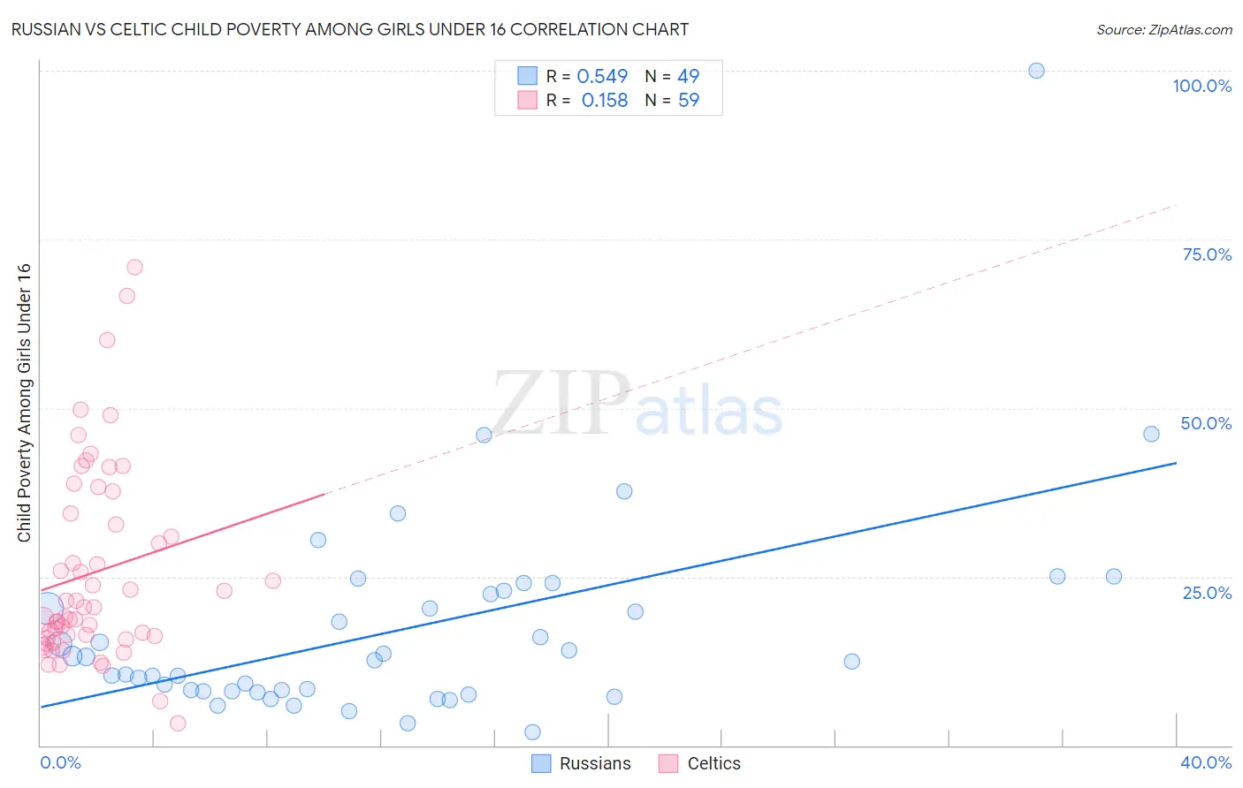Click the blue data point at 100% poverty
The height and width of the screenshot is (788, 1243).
tap(1036, 71)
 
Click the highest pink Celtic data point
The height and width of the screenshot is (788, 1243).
tap(134, 267)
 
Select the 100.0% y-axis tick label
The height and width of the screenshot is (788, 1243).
tap(1201, 86)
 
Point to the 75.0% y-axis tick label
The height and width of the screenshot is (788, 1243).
tap(1207, 254)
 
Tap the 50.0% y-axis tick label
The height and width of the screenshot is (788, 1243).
tap(1206, 423)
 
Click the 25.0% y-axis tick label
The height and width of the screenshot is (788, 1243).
tap(1207, 592)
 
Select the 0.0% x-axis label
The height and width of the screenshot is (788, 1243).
tap(60, 762)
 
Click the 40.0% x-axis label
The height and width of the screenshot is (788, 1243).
tap(1206, 762)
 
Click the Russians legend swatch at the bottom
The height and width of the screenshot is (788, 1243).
tap(541, 763)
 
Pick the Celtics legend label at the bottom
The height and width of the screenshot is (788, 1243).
tap(713, 763)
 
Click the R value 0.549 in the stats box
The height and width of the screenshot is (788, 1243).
tap(602, 77)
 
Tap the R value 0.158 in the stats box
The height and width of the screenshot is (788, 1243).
tap(605, 101)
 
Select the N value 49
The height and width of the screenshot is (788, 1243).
tap(688, 77)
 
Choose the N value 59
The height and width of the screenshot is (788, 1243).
tap(688, 101)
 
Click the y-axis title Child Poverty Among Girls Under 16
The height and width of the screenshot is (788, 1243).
tap(24, 403)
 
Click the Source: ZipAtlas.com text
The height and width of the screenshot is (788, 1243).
tap(1163, 30)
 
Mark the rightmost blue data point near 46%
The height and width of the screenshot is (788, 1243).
tap(1151, 434)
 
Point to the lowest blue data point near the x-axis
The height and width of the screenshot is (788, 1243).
tap(532, 731)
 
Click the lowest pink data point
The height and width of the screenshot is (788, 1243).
tap(178, 723)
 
